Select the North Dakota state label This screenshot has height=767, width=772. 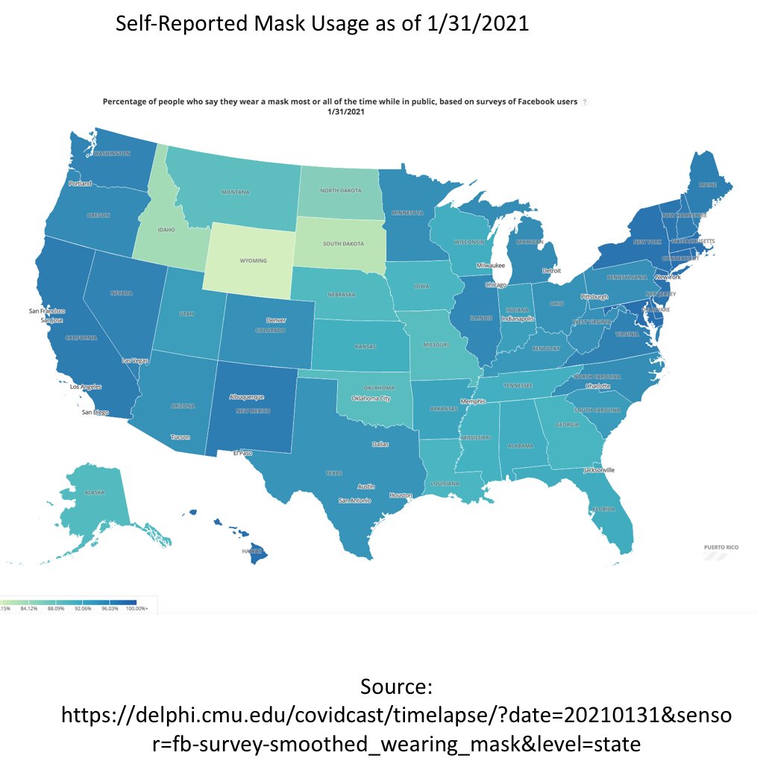pyautogui.click(x=340, y=190)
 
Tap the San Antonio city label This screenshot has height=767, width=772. pyautogui.click(x=354, y=501)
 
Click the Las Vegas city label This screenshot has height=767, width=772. pyautogui.click(x=136, y=361)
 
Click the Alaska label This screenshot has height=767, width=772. pyautogui.click(x=94, y=492)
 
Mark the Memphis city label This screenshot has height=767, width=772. pyautogui.click(x=473, y=402)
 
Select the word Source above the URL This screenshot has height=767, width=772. pyautogui.click(x=396, y=686)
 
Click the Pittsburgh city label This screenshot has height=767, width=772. pyautogui.click(x=594, y=296)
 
